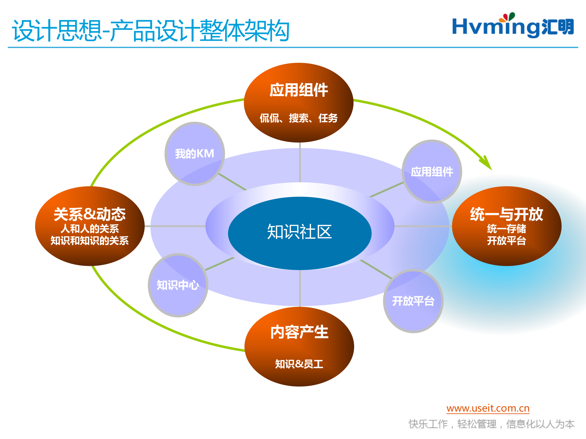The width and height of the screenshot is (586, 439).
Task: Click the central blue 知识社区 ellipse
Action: coord(299,233)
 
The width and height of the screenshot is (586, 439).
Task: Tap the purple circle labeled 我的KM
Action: coord(195,154)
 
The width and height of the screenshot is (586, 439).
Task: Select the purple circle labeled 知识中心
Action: coord(178,285)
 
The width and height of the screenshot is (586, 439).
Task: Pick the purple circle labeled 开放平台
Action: coord(413,301)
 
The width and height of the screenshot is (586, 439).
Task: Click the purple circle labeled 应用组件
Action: coord(432,172)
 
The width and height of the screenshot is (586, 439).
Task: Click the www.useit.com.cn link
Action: coord(488,408)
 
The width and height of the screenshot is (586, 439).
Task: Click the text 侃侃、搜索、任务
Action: coord(298,118)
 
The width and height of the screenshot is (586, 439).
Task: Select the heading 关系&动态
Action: coord(89,214)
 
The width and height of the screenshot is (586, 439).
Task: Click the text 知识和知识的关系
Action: coord(89,241)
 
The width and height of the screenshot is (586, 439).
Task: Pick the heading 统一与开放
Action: coord(506,214)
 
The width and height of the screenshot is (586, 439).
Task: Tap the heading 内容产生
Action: coord(299,332)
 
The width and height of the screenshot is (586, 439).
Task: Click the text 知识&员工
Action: coord(299,364)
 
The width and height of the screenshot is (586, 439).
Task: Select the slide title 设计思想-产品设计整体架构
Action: coord(150,30)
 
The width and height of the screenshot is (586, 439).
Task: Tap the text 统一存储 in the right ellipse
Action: coord(506,228)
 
